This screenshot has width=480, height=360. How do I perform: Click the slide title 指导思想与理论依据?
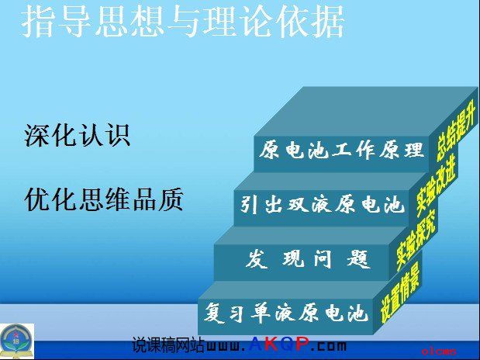183,22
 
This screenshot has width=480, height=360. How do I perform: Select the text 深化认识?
78,135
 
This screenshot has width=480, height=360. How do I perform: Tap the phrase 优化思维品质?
104,199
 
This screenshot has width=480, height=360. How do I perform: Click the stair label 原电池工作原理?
342,150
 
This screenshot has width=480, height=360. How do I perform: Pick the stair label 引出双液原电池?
321,205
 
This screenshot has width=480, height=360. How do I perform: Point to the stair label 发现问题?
307,259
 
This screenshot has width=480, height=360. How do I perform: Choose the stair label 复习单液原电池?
285,312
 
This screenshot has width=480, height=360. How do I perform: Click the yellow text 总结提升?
456,132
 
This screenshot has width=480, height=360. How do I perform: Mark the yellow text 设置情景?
399,293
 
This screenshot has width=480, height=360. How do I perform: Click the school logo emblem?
17,341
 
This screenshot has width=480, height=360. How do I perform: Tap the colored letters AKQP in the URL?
278,344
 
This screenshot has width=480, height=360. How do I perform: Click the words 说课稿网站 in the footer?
168,344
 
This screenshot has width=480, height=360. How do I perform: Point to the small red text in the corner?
439,351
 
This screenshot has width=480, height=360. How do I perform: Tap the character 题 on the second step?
357,259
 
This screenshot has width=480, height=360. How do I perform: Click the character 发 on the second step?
256,259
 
